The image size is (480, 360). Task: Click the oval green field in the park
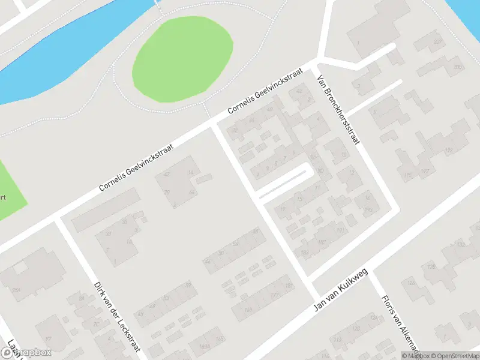182,58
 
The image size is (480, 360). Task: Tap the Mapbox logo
25,353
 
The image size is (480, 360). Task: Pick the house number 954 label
16,291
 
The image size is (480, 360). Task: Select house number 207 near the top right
438,41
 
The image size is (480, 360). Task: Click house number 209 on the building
458,67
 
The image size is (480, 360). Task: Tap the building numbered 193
368,209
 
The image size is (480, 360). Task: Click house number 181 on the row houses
289,286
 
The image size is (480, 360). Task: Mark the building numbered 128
431,266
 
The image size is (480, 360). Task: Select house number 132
461,245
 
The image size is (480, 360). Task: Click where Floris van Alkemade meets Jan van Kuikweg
371,271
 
